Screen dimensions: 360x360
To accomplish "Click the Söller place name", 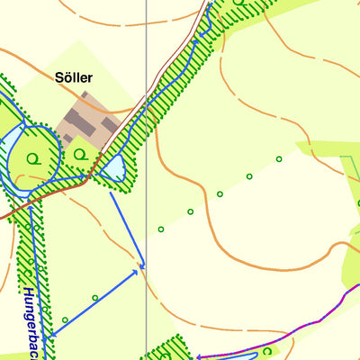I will point(73,78).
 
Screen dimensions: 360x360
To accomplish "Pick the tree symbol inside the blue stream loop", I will point(33,158).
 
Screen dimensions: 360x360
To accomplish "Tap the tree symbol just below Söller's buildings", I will point(81,154).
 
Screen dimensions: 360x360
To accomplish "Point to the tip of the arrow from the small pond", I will point(142,268).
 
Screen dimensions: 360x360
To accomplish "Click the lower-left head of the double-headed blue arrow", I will point(50,335).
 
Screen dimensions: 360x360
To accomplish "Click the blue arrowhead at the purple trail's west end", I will point(200,357).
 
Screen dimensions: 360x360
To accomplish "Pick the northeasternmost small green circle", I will point(279,159).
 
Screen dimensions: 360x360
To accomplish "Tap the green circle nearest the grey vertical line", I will point(161,229).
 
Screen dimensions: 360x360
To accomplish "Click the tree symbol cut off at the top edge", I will point(238,3).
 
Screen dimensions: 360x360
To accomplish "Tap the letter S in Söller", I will point(56,78).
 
